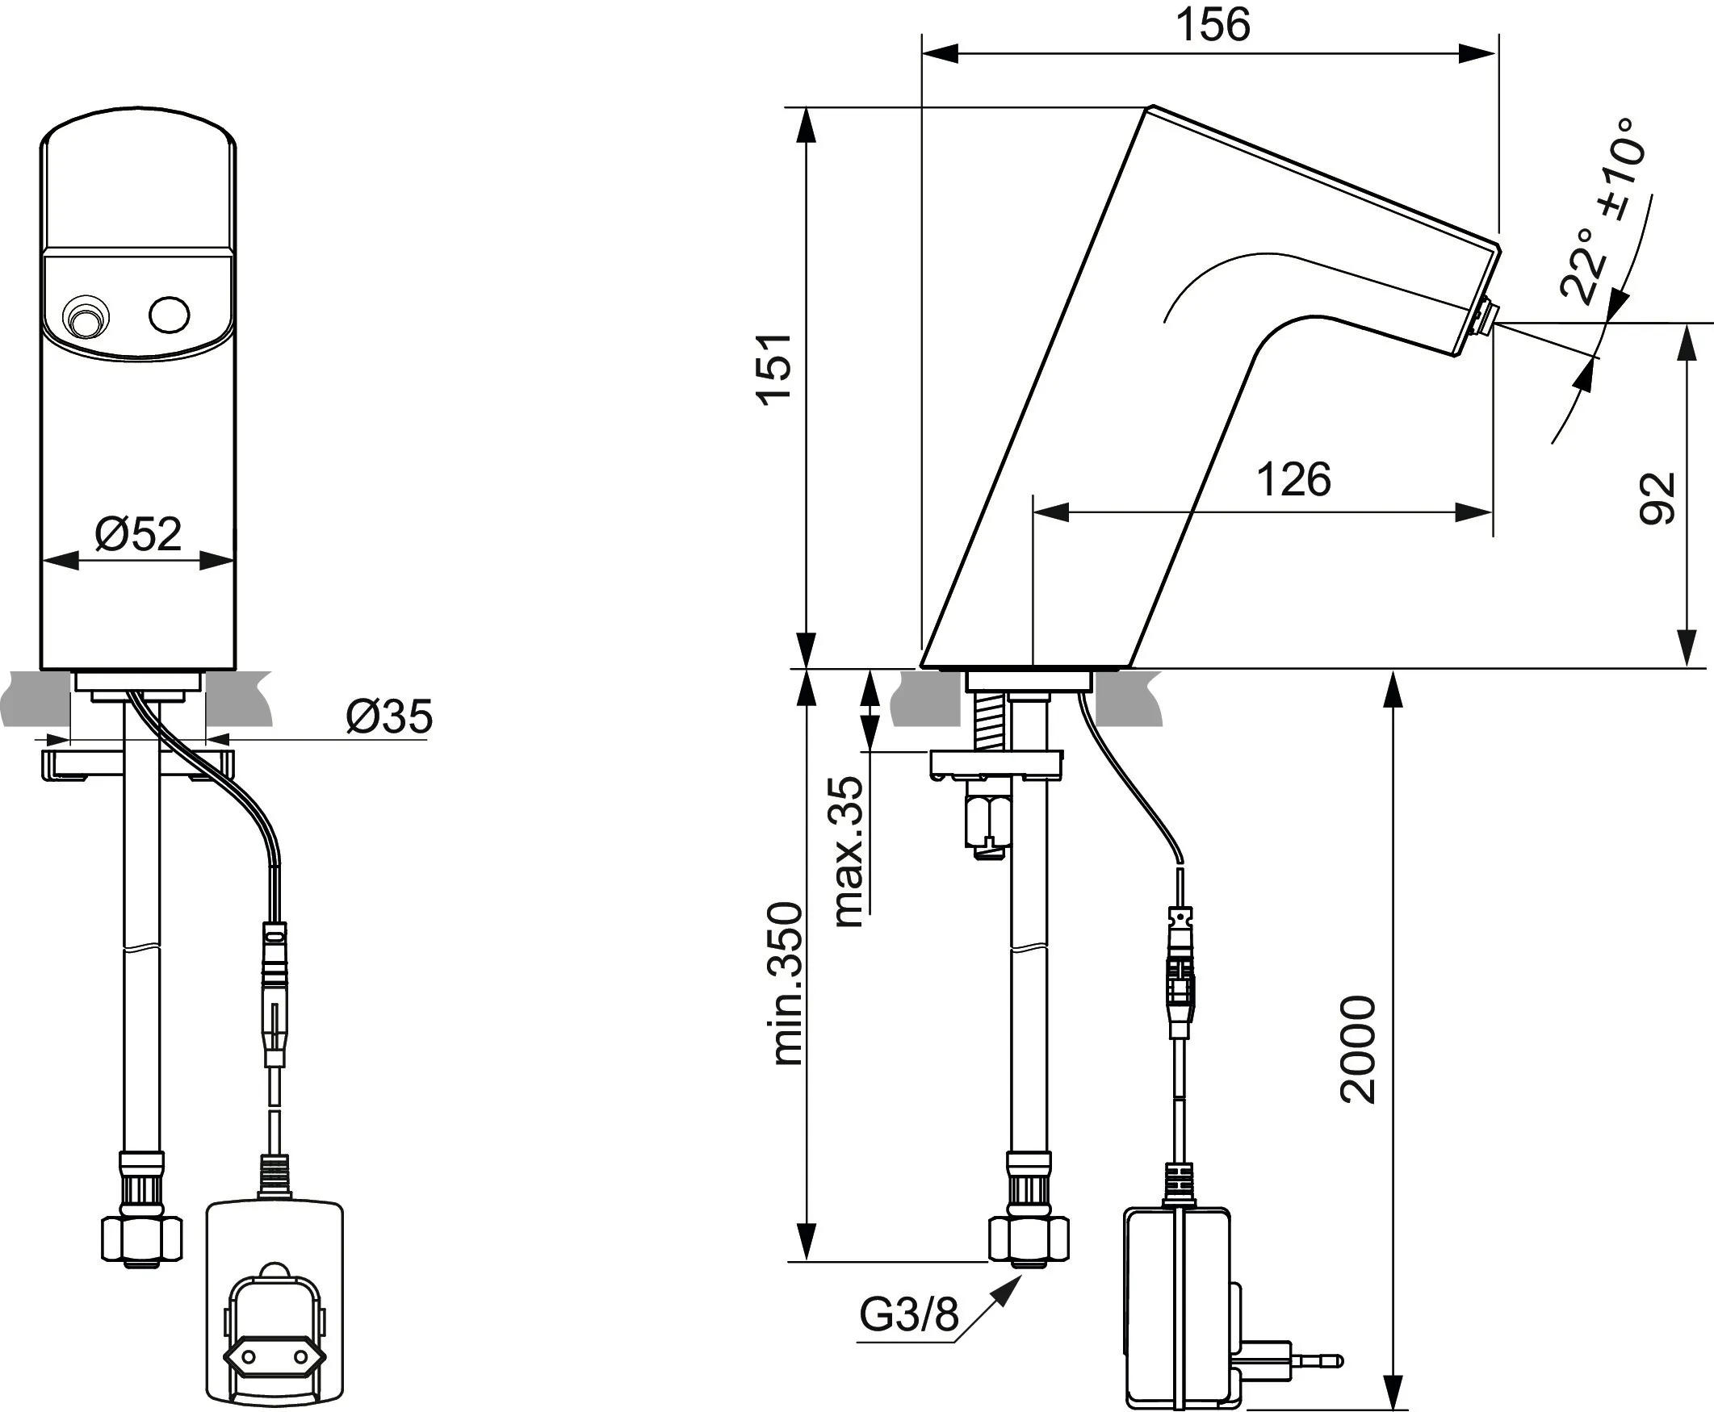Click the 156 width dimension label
[x=1213, y=26]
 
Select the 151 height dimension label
[x=774, y=368]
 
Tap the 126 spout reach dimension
[x=1294, y=480]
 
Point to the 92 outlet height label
[x=1657, y=499]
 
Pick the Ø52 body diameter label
[x=138, y=534]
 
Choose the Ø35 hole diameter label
[x=389, y=716]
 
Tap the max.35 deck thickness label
[x=847, y=851]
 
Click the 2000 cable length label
[x=1357, y=1049]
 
